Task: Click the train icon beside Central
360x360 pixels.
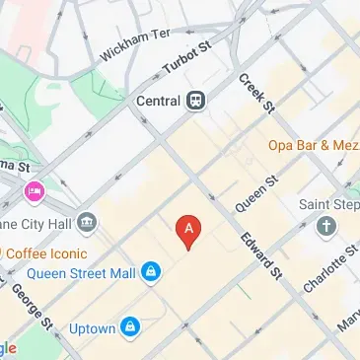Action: [x=197, y=100]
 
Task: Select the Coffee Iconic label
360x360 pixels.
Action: [x=45, y=252]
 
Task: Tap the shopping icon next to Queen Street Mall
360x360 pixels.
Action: [x=150, y=271]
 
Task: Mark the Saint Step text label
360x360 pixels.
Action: [x=329, y=204]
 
